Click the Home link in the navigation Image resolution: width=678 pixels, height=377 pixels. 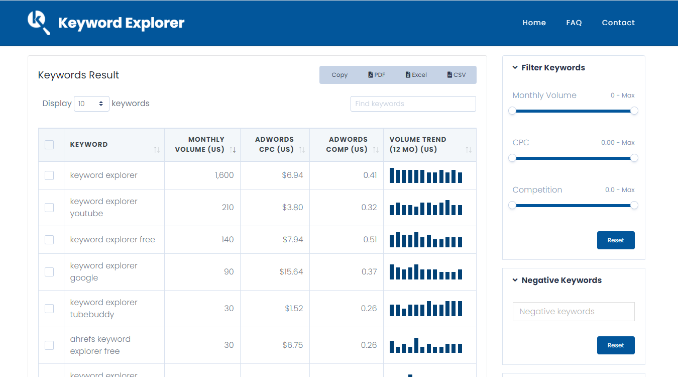[534, 23]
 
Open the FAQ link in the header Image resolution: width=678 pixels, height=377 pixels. [574, 23]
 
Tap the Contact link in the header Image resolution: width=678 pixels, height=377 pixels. [618, 23]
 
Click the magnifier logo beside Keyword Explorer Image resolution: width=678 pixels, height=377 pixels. [39, 23]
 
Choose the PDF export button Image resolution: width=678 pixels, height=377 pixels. [377, 75]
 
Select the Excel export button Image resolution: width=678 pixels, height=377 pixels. [416, 75]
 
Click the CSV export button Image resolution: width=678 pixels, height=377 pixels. [456, 75]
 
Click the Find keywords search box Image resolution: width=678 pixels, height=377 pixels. [413, 104]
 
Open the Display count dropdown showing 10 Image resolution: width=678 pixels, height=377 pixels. [91, 104]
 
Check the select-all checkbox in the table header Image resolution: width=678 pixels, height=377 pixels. [49, 145]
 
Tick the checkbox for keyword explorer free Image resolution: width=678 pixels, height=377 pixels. [49, 240]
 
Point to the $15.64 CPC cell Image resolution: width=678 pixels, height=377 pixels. [291, 272]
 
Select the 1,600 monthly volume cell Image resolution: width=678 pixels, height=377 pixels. [224, 175]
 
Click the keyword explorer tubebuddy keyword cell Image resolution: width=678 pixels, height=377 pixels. [104, 309]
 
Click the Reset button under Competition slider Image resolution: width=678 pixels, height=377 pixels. [616, 240]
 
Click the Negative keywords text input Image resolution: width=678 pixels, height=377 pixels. [574, 312]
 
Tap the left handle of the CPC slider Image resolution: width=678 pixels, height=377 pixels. [512, 158]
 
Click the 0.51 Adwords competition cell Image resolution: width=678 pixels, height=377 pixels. [370, 240]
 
